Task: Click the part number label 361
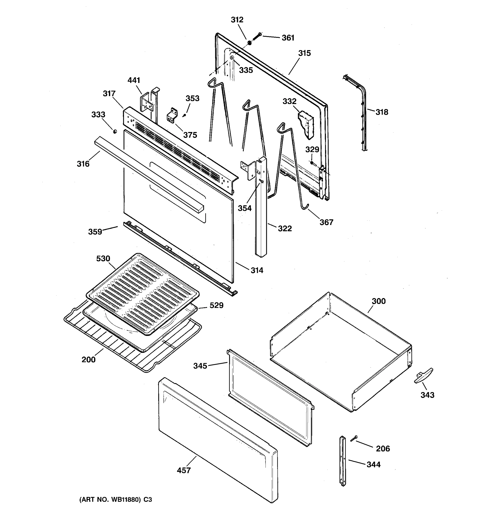click(288, 38)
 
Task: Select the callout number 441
click(134, 80)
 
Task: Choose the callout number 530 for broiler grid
click(103, 258)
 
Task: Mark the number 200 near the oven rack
click(88, 360)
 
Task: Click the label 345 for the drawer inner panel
click(200, 366)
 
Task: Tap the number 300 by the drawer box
click(379, 301)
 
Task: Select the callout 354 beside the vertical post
click(245, 208)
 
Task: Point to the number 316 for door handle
click(83, 164)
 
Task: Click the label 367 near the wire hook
click(326, 222)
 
